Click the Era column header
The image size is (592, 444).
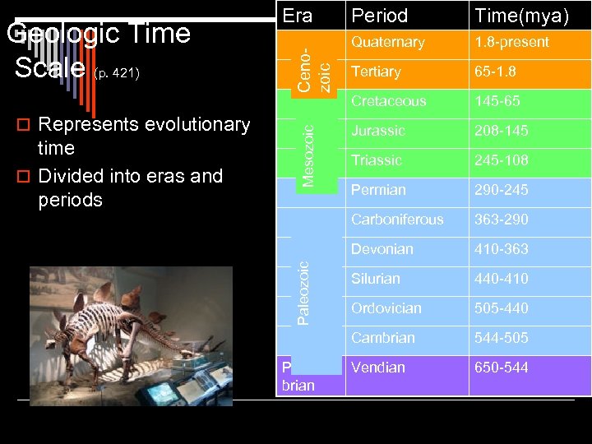297,15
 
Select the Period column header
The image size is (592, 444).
379,16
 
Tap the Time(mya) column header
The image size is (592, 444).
521,16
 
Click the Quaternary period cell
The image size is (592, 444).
387,42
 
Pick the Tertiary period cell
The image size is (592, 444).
376,72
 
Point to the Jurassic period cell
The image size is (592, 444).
377,131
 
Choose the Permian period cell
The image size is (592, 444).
378,190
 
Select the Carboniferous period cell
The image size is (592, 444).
397,220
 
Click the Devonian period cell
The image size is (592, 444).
382,249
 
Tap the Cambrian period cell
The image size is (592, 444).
382,338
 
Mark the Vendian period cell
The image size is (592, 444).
378,368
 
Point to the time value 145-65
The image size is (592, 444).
497,101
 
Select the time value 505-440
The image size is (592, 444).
501,308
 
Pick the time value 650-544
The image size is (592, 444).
501,368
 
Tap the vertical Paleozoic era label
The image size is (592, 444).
303,292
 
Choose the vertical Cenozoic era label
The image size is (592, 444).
314,69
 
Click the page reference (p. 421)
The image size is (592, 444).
117,75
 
